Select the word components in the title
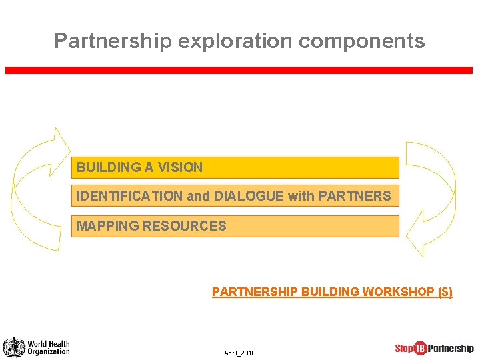361,41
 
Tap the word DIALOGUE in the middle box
246,196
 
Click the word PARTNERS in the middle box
355,196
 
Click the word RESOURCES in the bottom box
182,226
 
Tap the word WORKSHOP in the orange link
396,292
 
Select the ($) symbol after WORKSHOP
444,292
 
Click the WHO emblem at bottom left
13,347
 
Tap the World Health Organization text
48,347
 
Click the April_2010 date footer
239,353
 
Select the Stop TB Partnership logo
434,348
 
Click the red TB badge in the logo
420,348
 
